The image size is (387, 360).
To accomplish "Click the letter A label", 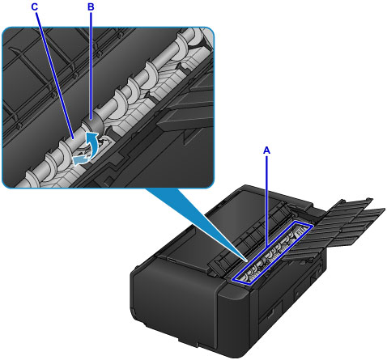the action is click(x=266, y=150).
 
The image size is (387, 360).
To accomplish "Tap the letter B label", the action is click(x=91, y=7).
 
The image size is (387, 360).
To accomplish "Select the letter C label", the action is click(x=35, y=7).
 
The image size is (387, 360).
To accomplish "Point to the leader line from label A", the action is click(x=266, y=201).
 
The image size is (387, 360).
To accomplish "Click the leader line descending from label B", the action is click(x=91, y=66).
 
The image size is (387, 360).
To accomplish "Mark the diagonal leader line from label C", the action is click(x=55, y=75).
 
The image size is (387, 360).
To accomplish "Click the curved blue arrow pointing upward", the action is click(x=91, y=146).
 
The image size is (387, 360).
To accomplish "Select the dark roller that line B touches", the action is click(x=93, y=125).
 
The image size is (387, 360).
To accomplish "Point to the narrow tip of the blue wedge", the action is click(x=247, y=260).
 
